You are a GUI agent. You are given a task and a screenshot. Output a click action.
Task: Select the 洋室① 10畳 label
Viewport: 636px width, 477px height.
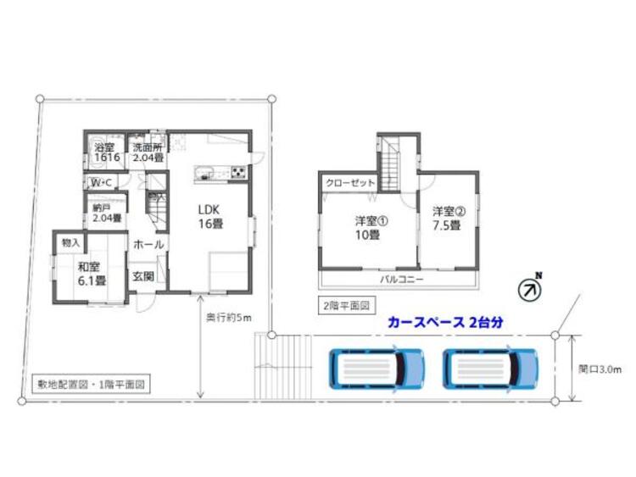tap(367, 229)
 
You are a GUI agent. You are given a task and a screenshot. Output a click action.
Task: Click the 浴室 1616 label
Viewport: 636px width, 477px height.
tap(106, 153)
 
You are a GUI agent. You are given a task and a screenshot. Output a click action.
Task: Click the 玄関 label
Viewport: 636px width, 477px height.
tap(142, 276)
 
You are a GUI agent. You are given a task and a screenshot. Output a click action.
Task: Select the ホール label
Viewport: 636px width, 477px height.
tap(148, 244)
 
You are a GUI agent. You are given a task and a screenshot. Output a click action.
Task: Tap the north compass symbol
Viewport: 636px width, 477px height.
tap(530, 289)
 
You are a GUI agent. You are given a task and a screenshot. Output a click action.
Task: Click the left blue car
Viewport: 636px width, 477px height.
tap(377, 368)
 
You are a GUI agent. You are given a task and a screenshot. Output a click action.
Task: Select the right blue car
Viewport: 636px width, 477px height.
tap(490, 368)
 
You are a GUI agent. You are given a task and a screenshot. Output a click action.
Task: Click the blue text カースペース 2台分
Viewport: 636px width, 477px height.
tap(445, 323)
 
